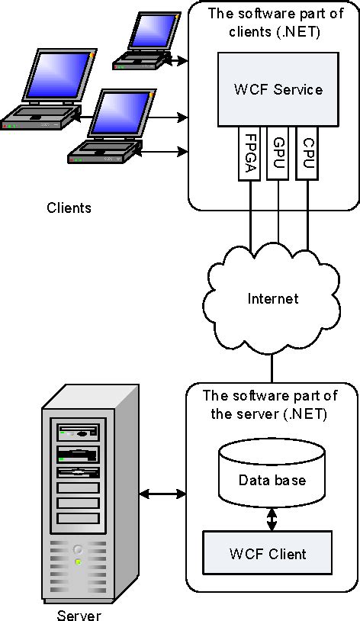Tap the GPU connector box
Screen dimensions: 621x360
[x=278, y=153]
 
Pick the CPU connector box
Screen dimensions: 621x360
[x=307, y=153]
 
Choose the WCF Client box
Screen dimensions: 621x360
[x=267, y=553]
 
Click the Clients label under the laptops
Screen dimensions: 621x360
[x=69, y=208]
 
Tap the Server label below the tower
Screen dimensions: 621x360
[x=79, y=615]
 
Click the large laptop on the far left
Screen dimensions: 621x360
[x=42, y=92]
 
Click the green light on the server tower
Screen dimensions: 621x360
[x=78, y=562]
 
